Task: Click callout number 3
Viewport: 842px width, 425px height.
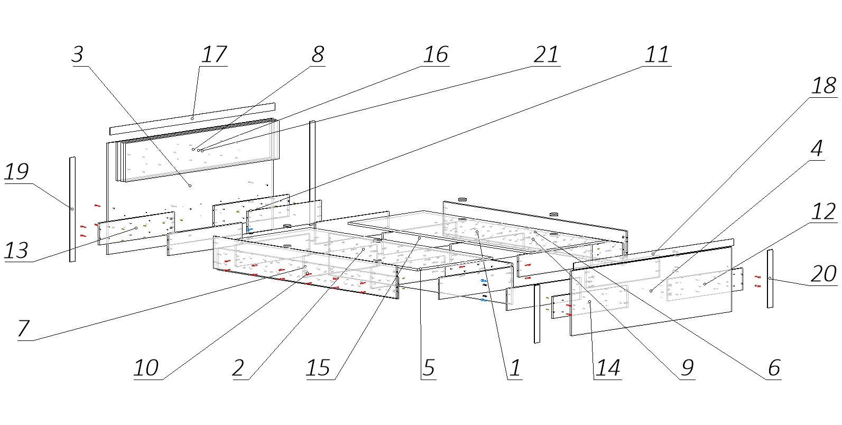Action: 78,54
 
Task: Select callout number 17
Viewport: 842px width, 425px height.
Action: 214,54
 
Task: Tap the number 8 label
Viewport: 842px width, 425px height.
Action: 317,54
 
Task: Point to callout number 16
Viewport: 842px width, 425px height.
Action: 436,54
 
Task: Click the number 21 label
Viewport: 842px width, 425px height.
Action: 546,54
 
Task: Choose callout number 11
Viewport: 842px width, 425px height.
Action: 657,54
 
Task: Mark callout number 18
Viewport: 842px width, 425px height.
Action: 824,86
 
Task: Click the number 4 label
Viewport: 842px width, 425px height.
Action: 817,149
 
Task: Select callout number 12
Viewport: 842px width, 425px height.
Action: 824,212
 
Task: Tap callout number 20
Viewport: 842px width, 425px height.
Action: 824,274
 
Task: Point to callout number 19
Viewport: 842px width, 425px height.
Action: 16,172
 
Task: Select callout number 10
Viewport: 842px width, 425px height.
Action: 146,368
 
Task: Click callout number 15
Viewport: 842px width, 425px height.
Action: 318,368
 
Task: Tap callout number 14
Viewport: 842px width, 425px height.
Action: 607,368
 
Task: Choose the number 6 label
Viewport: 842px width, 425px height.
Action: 774,368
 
